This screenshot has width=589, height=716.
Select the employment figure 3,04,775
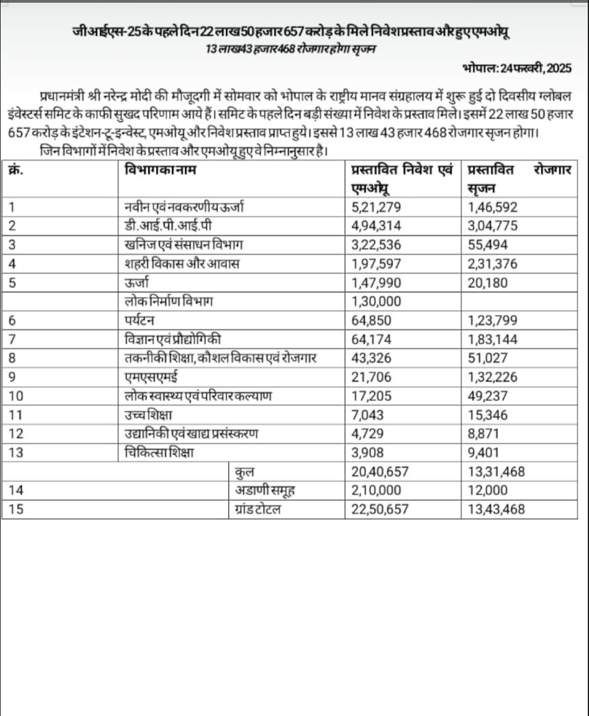[492, 225]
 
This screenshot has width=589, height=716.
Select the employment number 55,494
[487, 244]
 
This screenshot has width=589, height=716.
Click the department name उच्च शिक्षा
[149, 414]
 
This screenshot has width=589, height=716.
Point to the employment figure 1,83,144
[492, 338]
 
